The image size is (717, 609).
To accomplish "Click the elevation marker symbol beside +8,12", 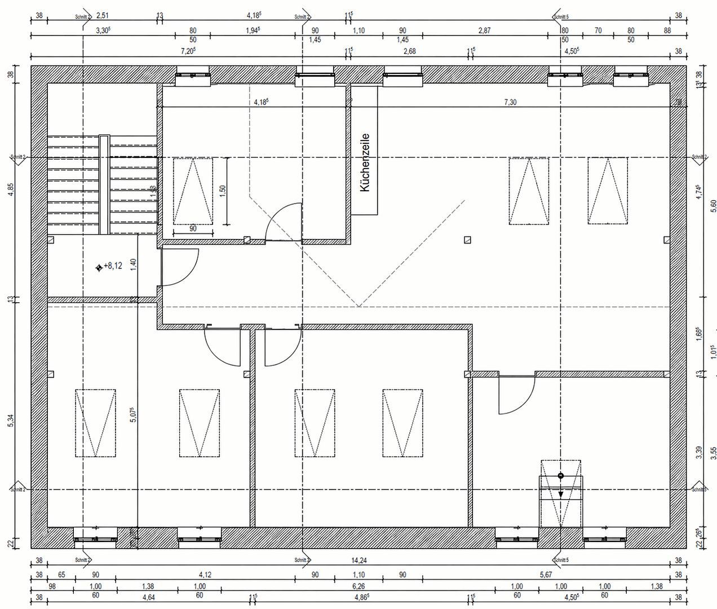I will coord(99,267).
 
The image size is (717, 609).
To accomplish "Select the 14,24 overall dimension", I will coord(358,561).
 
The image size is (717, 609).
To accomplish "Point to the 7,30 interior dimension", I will coord(510,102).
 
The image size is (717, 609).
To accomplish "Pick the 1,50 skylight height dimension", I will coord(223,190).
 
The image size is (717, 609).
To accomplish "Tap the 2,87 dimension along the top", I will coord(484,30).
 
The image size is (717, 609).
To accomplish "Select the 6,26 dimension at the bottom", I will coord(358,586).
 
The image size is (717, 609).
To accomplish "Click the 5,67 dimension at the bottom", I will coord(546,575).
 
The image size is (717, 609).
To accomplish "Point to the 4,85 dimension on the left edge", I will coord(10,190).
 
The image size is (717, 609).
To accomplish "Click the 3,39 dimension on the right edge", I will coord(698,453).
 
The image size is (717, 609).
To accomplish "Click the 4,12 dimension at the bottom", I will coord(205,575).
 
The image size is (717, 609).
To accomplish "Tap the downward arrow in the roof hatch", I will coord(561,493).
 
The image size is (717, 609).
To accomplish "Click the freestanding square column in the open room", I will coord(467,240).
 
